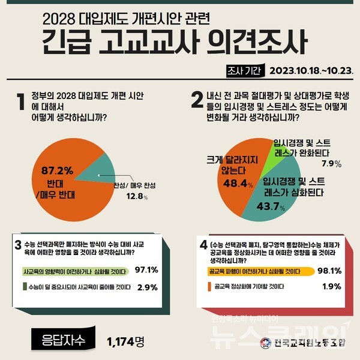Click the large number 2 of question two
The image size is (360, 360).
(197, 101)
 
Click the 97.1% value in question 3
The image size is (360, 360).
(146, 271)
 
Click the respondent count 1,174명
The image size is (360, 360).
(127, 341)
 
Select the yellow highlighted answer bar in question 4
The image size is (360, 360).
(253, 271)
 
